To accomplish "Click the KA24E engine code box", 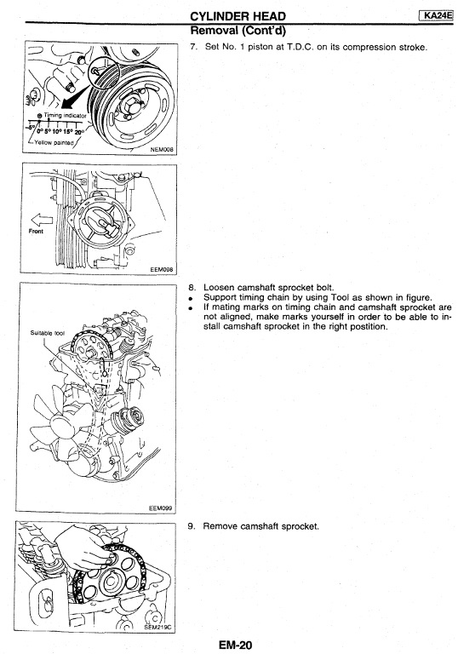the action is [437, 16].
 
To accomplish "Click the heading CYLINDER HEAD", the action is [238, 16].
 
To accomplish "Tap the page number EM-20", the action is [235, 645].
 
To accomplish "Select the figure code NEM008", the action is [162, 149].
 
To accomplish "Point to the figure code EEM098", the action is [162, 269].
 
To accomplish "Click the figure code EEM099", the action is [161, 508].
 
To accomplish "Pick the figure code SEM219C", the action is [157, 627].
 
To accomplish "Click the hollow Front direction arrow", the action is [42, 220].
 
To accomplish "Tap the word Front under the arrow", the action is [36, 231].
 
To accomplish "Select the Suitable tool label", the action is [47, 333].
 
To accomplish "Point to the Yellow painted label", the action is [54, 143].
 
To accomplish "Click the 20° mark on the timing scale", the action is [79, 132].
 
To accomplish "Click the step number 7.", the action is [193, 47].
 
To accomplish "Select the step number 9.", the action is [192, 526].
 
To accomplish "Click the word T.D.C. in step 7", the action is [299, 47].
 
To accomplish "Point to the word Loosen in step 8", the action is [219, 288].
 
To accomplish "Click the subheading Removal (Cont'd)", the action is [238, 31].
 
